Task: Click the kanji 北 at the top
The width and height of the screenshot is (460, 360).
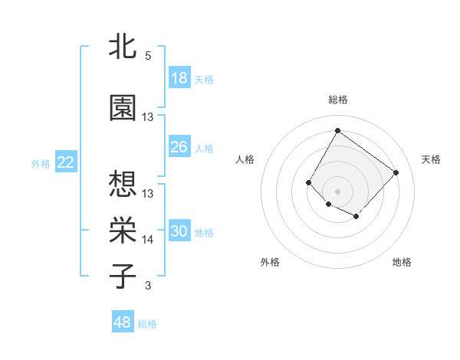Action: [x=123, y=46]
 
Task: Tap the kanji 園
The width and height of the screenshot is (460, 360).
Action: [x=123, y=108]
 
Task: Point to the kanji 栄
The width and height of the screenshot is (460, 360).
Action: [x=123, y=230]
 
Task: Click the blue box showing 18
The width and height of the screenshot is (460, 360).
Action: [x=179, y=79]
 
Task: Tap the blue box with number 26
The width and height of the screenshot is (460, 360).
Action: [x=179, y=147]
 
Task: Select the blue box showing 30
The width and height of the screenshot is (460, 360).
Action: [x=179, y=231]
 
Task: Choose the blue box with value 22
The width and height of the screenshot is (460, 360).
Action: [x=66, y=162]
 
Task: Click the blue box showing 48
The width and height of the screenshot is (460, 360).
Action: [x=123, y=322]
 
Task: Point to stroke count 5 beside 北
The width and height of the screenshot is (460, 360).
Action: [x=148, y=56]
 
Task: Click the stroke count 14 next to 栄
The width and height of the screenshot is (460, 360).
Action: [x=148, y=240]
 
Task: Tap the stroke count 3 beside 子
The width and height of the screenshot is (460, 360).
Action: [x=148, y=286]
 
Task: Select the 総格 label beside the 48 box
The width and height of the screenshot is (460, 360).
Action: [x=147, y=324]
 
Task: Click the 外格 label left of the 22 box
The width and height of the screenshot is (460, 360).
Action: [x=41, y=163]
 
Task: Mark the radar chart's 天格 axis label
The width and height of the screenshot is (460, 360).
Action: [x=432, y=159]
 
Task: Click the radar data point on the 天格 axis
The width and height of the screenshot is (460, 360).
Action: [x=396, y=172]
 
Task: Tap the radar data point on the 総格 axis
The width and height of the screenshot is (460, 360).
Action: [x=337, y=130]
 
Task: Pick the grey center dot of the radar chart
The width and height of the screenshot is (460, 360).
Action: [x=337, y=191]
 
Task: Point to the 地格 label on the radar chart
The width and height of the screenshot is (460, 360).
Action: [x=402, y=262]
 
